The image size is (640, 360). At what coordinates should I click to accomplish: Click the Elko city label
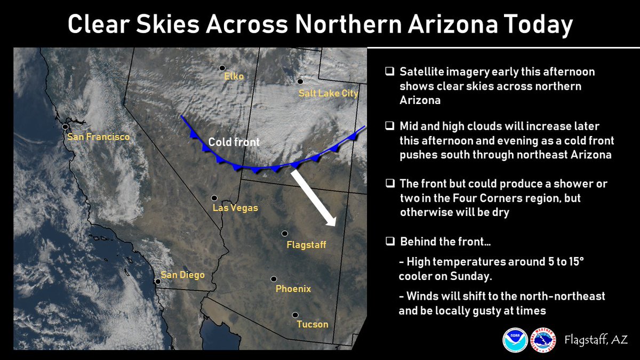click(x=234, y=77)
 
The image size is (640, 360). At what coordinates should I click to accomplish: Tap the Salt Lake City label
click(x=329, y=94)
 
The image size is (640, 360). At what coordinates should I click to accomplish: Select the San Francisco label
click(x=98, y=138)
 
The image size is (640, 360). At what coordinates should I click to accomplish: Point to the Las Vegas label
click(x=235, y=208)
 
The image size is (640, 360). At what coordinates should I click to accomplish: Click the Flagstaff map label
click(x=306, y=245)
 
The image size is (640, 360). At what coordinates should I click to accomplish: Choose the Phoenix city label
click(x=293, y=289)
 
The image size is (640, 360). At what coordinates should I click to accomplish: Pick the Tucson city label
click(x=313, y=324)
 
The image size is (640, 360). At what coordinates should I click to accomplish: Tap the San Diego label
click(x=182, y=275)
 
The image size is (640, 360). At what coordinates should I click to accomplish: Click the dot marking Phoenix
click(x=274, y=279)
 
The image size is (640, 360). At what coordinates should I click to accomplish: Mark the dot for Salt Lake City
click(x=300, y=82)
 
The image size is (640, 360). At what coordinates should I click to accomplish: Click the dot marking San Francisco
click(x=65, y=127)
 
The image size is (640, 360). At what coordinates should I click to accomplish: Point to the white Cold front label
click(x=234, y=142)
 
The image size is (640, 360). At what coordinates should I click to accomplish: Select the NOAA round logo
click(x=515, y=340)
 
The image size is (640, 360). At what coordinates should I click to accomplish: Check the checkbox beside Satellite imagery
click(x=390, y=71)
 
